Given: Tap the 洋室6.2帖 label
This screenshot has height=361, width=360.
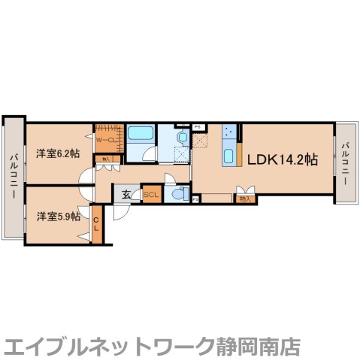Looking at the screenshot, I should point(58,154).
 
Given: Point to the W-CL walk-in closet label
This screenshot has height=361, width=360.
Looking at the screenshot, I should point(104,138).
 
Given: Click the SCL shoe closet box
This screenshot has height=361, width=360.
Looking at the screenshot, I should point(151,193).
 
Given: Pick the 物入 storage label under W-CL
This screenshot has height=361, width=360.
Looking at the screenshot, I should point(106,159).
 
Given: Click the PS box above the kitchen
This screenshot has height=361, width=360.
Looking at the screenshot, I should point(197,126).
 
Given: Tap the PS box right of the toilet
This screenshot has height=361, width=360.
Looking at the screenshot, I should point(195,199).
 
